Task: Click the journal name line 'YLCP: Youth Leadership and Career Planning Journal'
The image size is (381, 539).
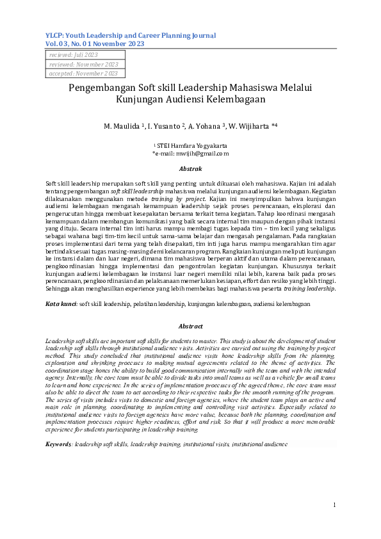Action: coord(131,35)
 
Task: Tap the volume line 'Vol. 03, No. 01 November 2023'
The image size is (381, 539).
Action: coord(95,44)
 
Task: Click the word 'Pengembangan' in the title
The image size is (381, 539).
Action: coord(102,88)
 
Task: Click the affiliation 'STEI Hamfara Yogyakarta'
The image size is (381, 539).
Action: coord(193,146)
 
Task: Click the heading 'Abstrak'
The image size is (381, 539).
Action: coord(190,168)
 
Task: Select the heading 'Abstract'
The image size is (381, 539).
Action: coord(190,326)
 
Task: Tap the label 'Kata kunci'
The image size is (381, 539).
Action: coord(61,304)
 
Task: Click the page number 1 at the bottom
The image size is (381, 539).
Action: coord(334,506)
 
